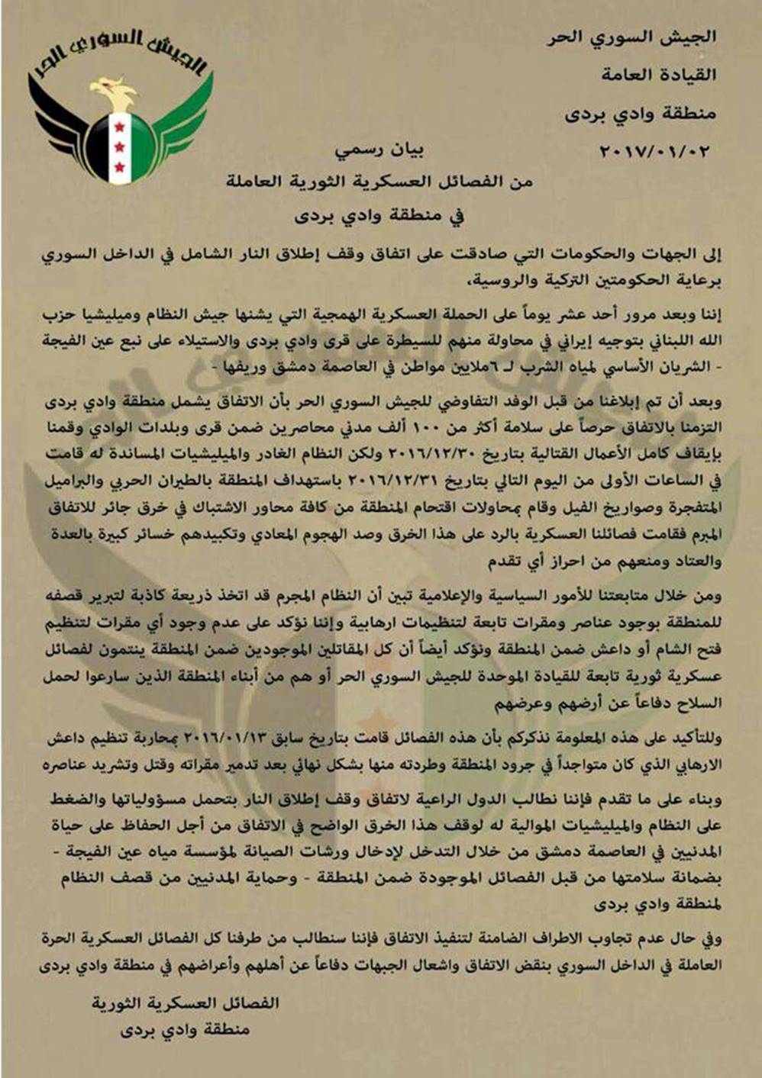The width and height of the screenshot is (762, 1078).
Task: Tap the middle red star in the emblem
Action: coord(119,144)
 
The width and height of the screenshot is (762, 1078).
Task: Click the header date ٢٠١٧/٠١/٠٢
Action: coord(655,150)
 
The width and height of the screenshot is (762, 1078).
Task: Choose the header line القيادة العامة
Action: coord(659,75)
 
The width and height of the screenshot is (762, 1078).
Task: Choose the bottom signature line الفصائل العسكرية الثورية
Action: coord(186,1002)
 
